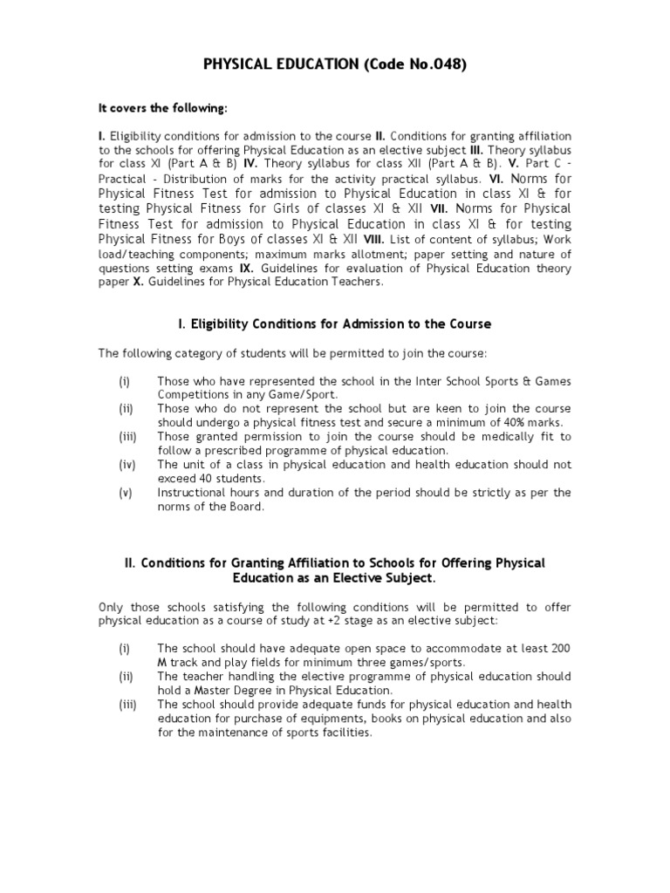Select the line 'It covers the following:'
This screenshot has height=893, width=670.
click(x=162, y=108)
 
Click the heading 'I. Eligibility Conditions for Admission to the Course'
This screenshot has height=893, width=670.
click(x=334, y=324)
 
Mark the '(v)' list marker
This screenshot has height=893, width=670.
click(x=126, y=492)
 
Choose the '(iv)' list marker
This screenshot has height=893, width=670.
click(x=126, y=465)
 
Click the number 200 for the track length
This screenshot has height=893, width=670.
click(x=558, y=648)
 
